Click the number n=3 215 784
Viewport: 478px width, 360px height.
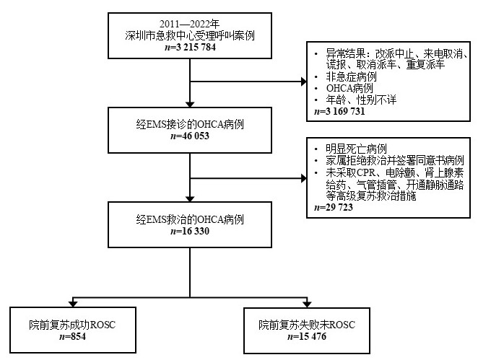tap(190, 47)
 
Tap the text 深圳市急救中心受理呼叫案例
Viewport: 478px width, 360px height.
tap(190, 35)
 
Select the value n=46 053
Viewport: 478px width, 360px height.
tap(191, 136)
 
